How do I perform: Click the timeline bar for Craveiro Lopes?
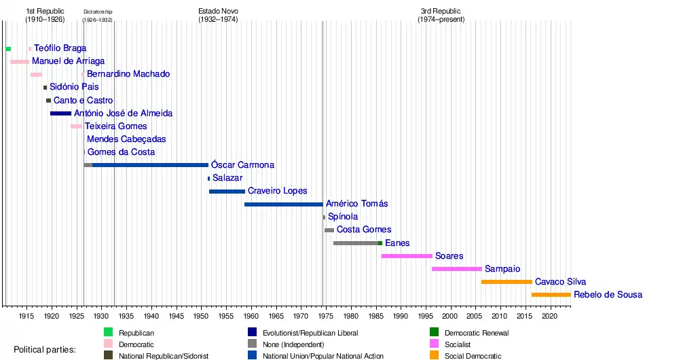click(x=227, y=192)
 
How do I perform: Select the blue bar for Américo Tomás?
click(x=283, y=204)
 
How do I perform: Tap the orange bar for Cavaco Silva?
click(x=507, y=282)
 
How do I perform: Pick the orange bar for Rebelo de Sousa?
click(x=551, y=295)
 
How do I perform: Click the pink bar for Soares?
click(x=407, y=256)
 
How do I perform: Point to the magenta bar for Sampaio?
click(x=456, y=269)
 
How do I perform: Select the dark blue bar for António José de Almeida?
click(x=60, y=113)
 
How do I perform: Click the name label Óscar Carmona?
click(x=242, y=165)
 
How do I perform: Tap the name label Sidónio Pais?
click(x=74, y=87)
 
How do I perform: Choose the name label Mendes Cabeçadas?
click(x=126, y=139)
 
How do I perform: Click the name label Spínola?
click(x=342, y=217)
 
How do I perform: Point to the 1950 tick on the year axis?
click(x=201, y=316)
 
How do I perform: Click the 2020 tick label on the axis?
click(x=550, y=316)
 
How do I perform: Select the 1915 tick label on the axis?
click(x=26, y=316)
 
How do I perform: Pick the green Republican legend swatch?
click(x=108, y=333)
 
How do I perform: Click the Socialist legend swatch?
click(x=435, y=344)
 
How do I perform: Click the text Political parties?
click(x=45, y=350)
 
